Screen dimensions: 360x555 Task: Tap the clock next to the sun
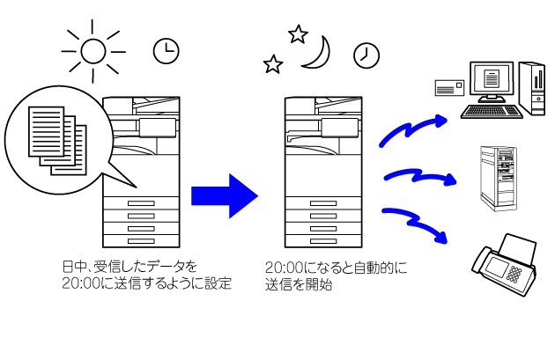click(x=164, y=52)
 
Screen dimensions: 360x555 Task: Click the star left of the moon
click(x=274, y=64)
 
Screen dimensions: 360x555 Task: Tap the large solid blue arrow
click(x=224, y=194)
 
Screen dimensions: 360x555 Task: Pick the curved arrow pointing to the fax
click(x=417, y=221)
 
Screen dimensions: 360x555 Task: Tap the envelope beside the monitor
click(x=450, y=85)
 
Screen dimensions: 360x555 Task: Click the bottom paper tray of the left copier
click(x=141, y=240)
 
